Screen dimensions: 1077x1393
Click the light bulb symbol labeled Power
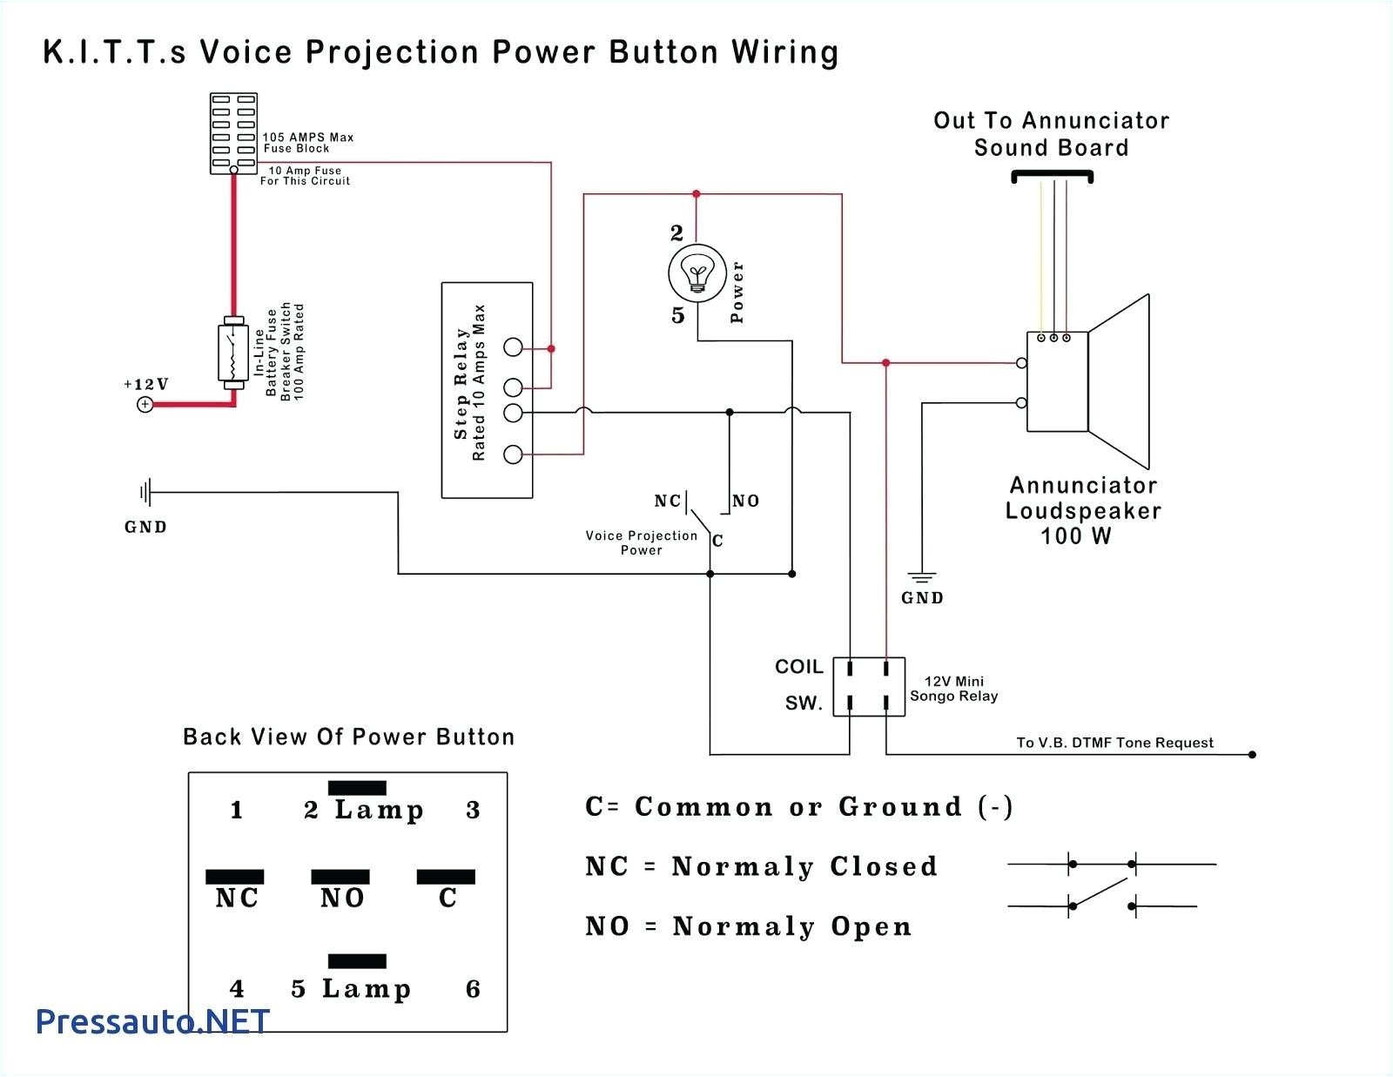(x=696, y=273)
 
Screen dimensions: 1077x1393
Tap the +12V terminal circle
(x=145, y=404)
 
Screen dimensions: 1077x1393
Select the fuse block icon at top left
(x=233, y=133)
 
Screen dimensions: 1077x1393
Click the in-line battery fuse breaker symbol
(x=232, y=353)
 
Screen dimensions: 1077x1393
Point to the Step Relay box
(x=487, y=390)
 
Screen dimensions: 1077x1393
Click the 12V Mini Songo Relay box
(x=869, y=687)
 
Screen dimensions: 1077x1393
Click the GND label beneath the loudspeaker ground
(x=922, y=598)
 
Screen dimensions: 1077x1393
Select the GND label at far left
(x=145, y=527)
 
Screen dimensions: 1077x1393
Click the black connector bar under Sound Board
(x=1052, y=177)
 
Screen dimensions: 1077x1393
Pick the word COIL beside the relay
(x=798, y=667)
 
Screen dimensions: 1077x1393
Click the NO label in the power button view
(x=341, y=898)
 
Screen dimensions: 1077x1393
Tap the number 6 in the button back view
(x=473, y=989)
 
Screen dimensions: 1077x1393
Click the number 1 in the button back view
(x=237, y=811)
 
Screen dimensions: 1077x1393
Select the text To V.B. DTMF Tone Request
(x=1114, y=743)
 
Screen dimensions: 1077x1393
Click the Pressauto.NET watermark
(x=153, y=1021)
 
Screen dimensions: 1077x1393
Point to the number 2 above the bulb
(x=676, y=233)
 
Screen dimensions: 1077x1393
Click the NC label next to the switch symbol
(x=668, y=501)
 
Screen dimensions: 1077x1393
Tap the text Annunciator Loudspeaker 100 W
(x=1082, y=510)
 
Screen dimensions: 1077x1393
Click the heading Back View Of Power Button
(x=348, y=737)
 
